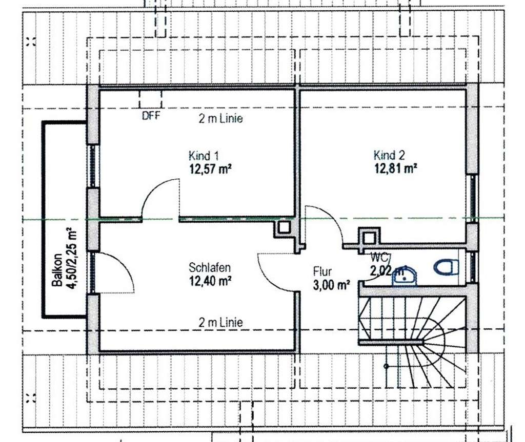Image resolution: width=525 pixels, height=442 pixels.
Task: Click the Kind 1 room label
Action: pyautogui.click(x=204, y=156)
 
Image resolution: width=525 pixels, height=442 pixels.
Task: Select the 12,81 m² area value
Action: pyautogui.click(x=395, y=167)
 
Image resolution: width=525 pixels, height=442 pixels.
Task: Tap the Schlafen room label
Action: pyautogui.click(x=209, y=267)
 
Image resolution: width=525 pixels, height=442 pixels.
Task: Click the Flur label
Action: pyautogui.click(x=322, y=272)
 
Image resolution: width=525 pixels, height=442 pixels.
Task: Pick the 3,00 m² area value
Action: pyautogui.click(x=331, y=285)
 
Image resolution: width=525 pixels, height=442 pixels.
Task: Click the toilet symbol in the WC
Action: pyautogui.click(x=446, y=267)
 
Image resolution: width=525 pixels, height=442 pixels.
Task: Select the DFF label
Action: pyautogui.click(x=151, y=116)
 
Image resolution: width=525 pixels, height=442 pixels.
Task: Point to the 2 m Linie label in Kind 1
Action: pyautogui.click(x=220, y=119)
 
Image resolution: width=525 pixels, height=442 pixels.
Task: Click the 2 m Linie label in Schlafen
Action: pyautogui.click(x=220, y=323)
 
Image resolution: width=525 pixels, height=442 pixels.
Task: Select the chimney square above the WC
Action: pyautogui.click(x=368, y=237)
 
